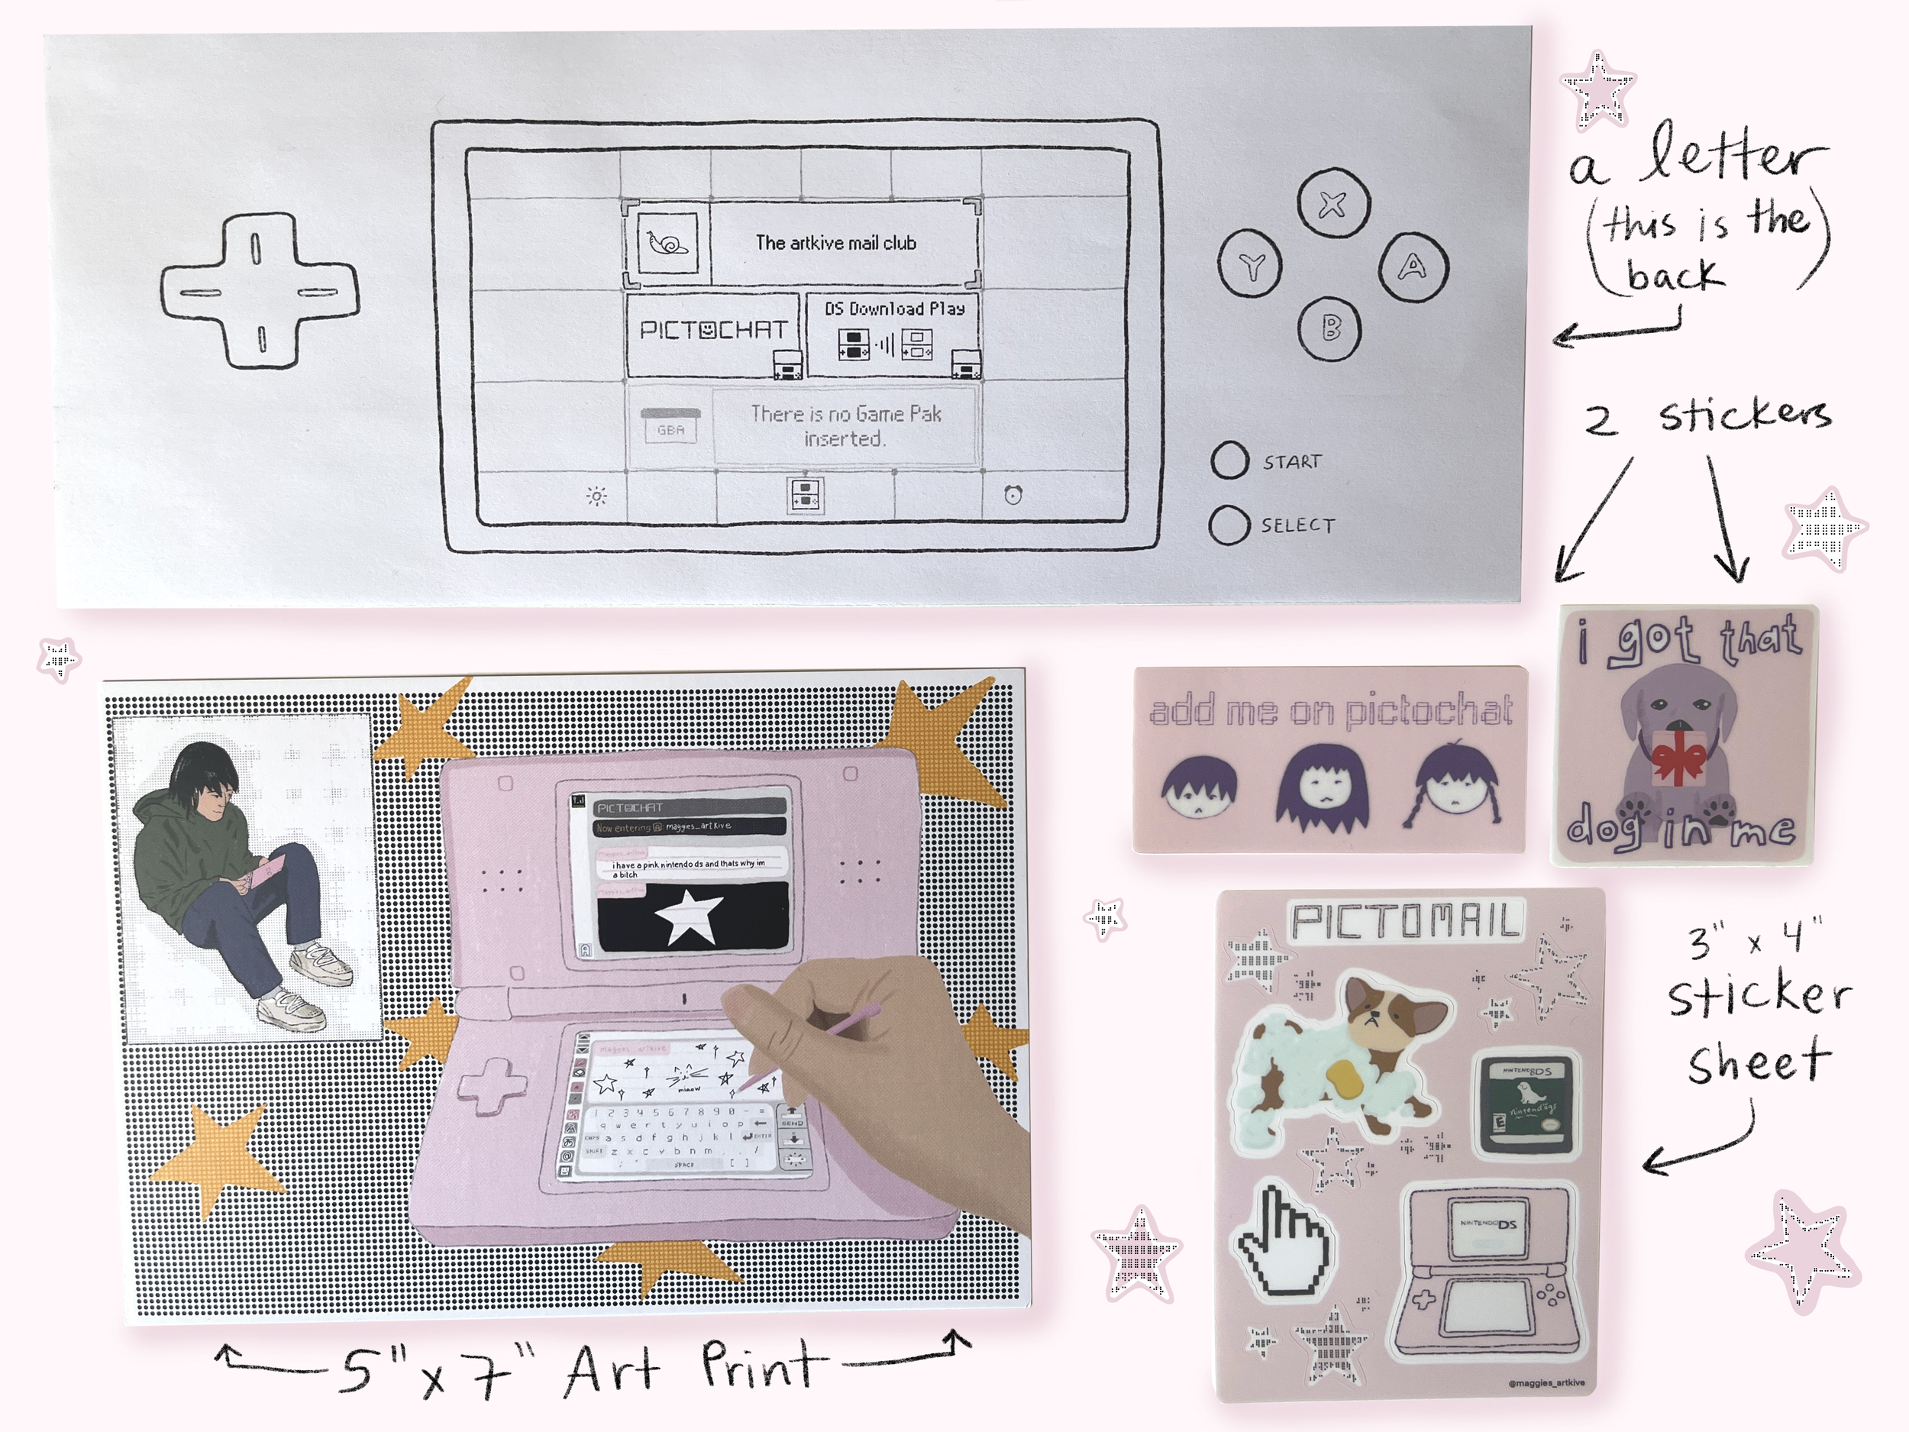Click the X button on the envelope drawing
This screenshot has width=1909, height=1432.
point(1332,205)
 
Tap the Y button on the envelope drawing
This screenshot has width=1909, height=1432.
point(1251,267)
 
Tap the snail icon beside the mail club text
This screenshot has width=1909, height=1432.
point(668,244)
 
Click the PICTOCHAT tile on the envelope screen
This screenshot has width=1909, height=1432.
point(713,332)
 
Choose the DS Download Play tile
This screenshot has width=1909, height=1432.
point(893,332)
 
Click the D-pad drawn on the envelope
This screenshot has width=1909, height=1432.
point(259,291)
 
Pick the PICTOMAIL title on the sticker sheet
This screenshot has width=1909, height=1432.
point(1405,922)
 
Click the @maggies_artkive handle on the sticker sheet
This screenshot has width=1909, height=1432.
point(1546,1383)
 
